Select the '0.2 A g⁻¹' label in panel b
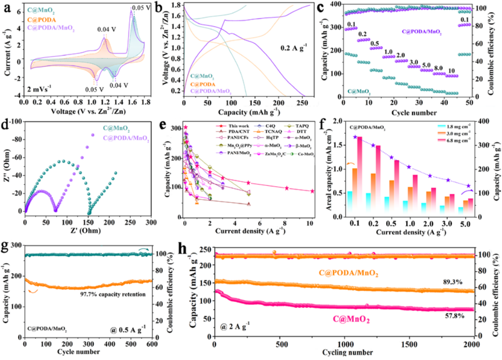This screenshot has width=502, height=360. [x=293, y=48]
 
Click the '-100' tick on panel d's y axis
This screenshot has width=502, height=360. [x=14, y=120]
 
